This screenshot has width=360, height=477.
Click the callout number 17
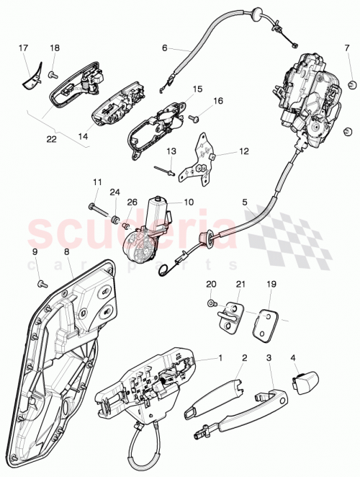[23, 49]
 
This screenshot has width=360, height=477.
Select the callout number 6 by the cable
[164, 48]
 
